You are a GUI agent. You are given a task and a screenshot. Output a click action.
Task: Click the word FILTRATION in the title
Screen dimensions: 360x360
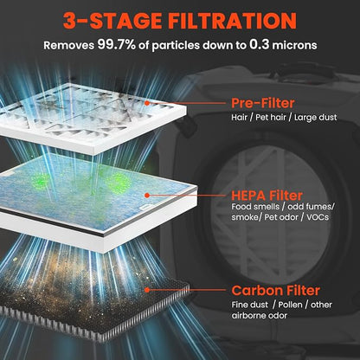[x=232, y=21]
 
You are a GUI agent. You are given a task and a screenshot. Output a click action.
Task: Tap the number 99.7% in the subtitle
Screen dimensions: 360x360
[x=116, y=45]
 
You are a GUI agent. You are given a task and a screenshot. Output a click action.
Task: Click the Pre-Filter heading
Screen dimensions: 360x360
[x=263, y=103]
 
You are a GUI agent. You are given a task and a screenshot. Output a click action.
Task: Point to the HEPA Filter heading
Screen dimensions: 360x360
[x=267, y=196]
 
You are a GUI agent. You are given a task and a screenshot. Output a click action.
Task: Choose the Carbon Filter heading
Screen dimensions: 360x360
[x=275, y=291]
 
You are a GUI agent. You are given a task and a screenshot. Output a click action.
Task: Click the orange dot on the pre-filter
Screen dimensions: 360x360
[x=147, y=103]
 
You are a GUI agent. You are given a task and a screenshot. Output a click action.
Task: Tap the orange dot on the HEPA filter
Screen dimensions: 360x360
[x=147, y=196]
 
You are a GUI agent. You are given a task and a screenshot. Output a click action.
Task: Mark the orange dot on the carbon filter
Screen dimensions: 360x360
[x=147, y=290]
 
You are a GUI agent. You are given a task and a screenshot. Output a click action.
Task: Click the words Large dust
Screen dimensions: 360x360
[x=316, y=118]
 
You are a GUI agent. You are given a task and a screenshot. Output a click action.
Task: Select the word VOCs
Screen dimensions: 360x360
[x=318, y=217]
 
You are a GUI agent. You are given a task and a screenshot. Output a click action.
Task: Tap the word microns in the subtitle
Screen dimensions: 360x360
[x=294, y=45]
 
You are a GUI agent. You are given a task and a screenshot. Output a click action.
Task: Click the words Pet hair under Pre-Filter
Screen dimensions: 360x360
[x=271, y=118]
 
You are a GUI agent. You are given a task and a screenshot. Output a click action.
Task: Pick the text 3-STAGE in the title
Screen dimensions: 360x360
[x=113, y=21]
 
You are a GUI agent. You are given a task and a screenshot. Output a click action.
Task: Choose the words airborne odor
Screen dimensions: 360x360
[x=260, y=316]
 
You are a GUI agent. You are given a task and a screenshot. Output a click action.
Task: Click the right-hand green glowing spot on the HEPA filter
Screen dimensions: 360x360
[x=118, y=181]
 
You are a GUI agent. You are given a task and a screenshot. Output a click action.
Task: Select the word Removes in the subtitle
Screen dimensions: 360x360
[x=68, y=45]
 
